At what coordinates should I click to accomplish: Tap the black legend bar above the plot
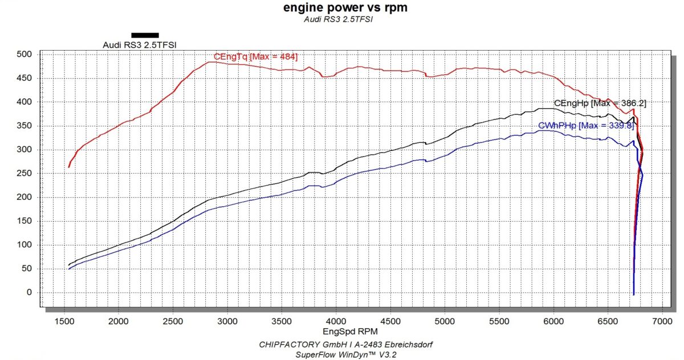click(145, 35)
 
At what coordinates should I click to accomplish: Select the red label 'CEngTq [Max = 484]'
click(255, 56)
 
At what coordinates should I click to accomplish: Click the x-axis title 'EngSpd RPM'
click(342, 330)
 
